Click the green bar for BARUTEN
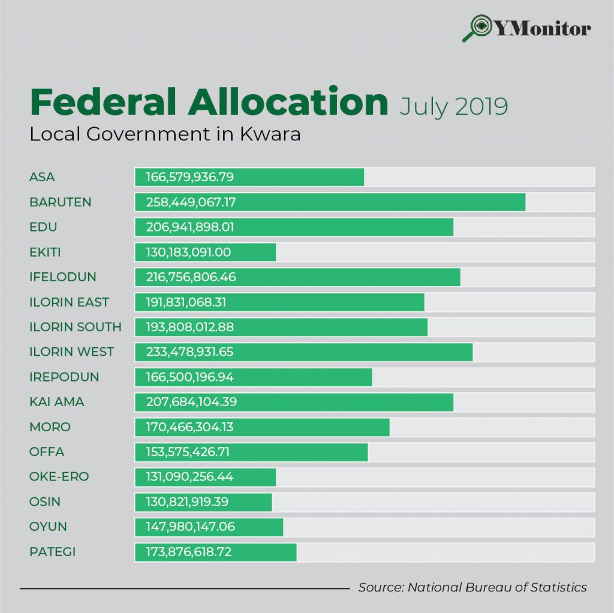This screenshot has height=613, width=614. point(330,202)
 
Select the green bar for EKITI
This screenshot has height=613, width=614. point(205,252)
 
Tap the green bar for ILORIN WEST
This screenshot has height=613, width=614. point(303,352)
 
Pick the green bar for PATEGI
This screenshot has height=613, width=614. point(215,552)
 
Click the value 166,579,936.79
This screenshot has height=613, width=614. point(189,177)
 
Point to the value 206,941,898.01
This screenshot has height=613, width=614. point(189,227)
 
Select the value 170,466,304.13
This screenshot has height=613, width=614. point(189,427)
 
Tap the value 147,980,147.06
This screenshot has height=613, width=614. point(190,527)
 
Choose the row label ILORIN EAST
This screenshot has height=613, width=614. point(69,302)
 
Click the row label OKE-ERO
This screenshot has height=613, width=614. point(59,477)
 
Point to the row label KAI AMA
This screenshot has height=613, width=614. point(57,402)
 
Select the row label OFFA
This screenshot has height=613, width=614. point(47,452)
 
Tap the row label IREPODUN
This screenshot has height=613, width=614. point(64,377)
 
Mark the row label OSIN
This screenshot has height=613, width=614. point(45,501)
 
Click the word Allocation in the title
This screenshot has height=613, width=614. point(288,103)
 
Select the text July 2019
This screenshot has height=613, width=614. point(453,107)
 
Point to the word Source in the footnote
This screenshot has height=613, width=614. point(379,587)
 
